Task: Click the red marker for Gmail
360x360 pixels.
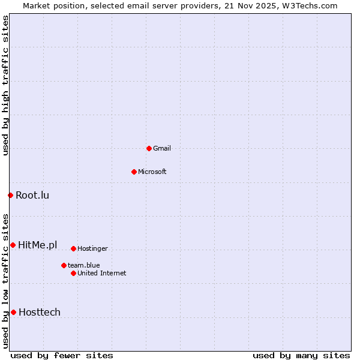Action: [x=149, y=148]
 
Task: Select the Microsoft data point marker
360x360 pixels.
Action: [x=134, y=172]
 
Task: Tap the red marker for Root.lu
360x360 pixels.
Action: [x=10, y=195]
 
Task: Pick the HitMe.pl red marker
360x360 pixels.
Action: [x=13, y=245]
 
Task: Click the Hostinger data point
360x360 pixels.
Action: [x=73, y=248]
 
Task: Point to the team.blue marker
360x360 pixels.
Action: [x=64, y=265]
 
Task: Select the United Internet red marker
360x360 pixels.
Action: [x=73, y=273]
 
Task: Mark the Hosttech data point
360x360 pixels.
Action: [x=13, y=312]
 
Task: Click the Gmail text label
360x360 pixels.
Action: [x=162, y=148]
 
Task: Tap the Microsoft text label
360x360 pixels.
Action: [x=152, y=172]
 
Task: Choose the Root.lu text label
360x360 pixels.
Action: [x=32, y=195]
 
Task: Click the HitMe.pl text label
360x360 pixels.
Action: [x=38, y=245]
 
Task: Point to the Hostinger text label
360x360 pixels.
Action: [x=92, y=248]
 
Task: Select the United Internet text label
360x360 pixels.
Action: [x=102, y=273]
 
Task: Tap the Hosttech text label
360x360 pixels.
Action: [x=40, y=312]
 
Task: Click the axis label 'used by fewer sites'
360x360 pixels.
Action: [x=62, y=355]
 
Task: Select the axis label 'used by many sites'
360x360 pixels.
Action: [x=301, y=355]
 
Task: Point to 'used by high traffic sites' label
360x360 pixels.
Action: [x=5, y=85]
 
